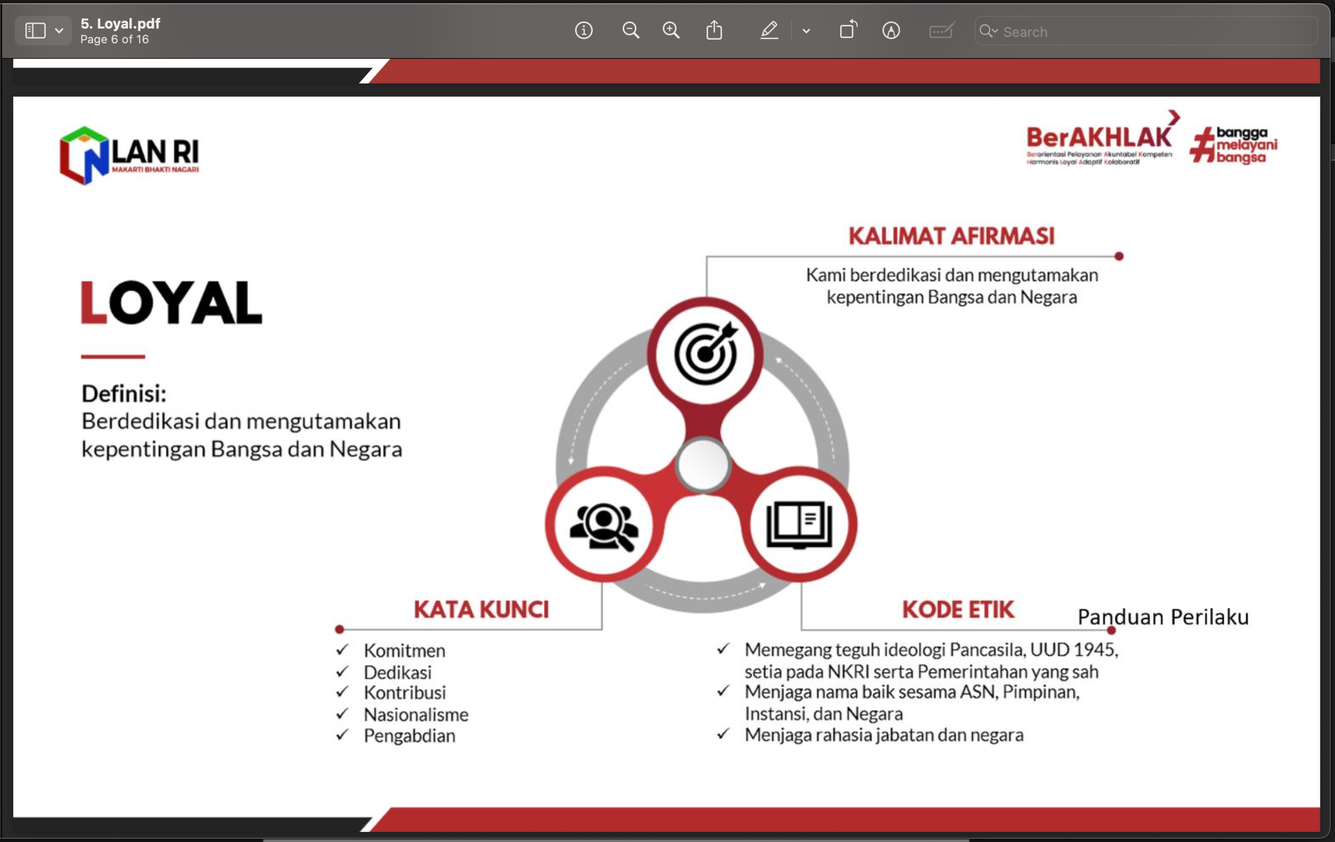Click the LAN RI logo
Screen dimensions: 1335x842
pyautogui.click(x=129, y=155)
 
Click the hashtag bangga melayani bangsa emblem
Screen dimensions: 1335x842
pyautogui.click(x=1233, y=145)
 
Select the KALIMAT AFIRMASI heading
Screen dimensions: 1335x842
pyautogui.click(x=952, y=236)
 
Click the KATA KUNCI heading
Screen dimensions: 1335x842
pyautogui.click(x=481, y=609)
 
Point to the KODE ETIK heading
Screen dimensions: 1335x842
pyautogui.click(x=958, y=609)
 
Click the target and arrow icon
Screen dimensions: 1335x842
pyautogui.click(x=706, y=353)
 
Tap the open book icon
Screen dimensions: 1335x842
pyautogui.click(x=799, y=525)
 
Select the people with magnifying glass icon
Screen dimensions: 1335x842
pyautogui.click(x=604, y=526)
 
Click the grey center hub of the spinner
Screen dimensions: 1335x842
pyautogui.click(x=703, y=465)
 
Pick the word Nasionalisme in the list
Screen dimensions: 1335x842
pyautogui.click(x=416, y=714)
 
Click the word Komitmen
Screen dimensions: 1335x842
pyautogui.click(x=404, y=650)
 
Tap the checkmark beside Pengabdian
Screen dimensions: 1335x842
pyautogui.click(x=342, y=734)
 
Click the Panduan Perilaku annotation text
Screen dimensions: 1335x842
pyautogui.click(x=1163, y=617)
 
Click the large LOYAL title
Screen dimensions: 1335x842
pyautogui.click(x=171, y=302)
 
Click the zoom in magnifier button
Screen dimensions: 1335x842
pyautogui.click(x=671, y=30)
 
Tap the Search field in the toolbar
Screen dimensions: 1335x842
pyautogui.click(x=1145, y=31)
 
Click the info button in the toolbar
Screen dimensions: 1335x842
pyautogui.click(x=584, y=30)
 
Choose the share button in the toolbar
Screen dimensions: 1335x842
pyautogui.click(x=714, y=30)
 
